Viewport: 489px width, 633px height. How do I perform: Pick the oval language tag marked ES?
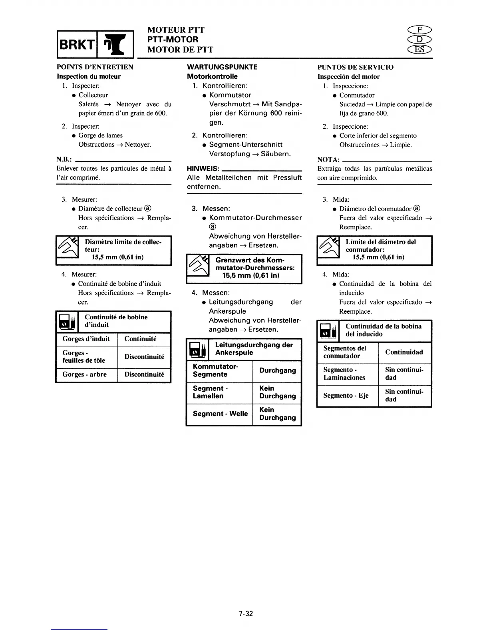pyautogui.click(x=419, y=50)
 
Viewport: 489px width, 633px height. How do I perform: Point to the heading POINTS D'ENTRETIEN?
pyautogui.click(x=95, y=67)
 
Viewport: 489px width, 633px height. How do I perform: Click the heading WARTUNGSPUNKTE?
pyautogui.click(x=222, y=67)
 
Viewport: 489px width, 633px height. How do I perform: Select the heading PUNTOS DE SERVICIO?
pyautogui.click(x=355, y=67)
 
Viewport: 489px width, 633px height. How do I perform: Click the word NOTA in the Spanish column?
pyautogui.click(x=328, y=159)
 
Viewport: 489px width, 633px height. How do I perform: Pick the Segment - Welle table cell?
pyautogui.click(x=220, y=414)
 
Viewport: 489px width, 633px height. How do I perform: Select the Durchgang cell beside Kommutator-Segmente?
pyautogui.click(x=277, y=370)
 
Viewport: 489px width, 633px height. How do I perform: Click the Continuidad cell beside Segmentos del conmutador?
pyautogui.click(x=404, y=352)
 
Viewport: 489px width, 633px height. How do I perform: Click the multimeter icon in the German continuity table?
pyautogui.click(x=197, y=350)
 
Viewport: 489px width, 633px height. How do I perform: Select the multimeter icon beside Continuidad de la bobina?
pyautogui.click(x=328, y=331)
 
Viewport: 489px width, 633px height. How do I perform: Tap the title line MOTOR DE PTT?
pyautogui.click(x=180, y=50)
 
